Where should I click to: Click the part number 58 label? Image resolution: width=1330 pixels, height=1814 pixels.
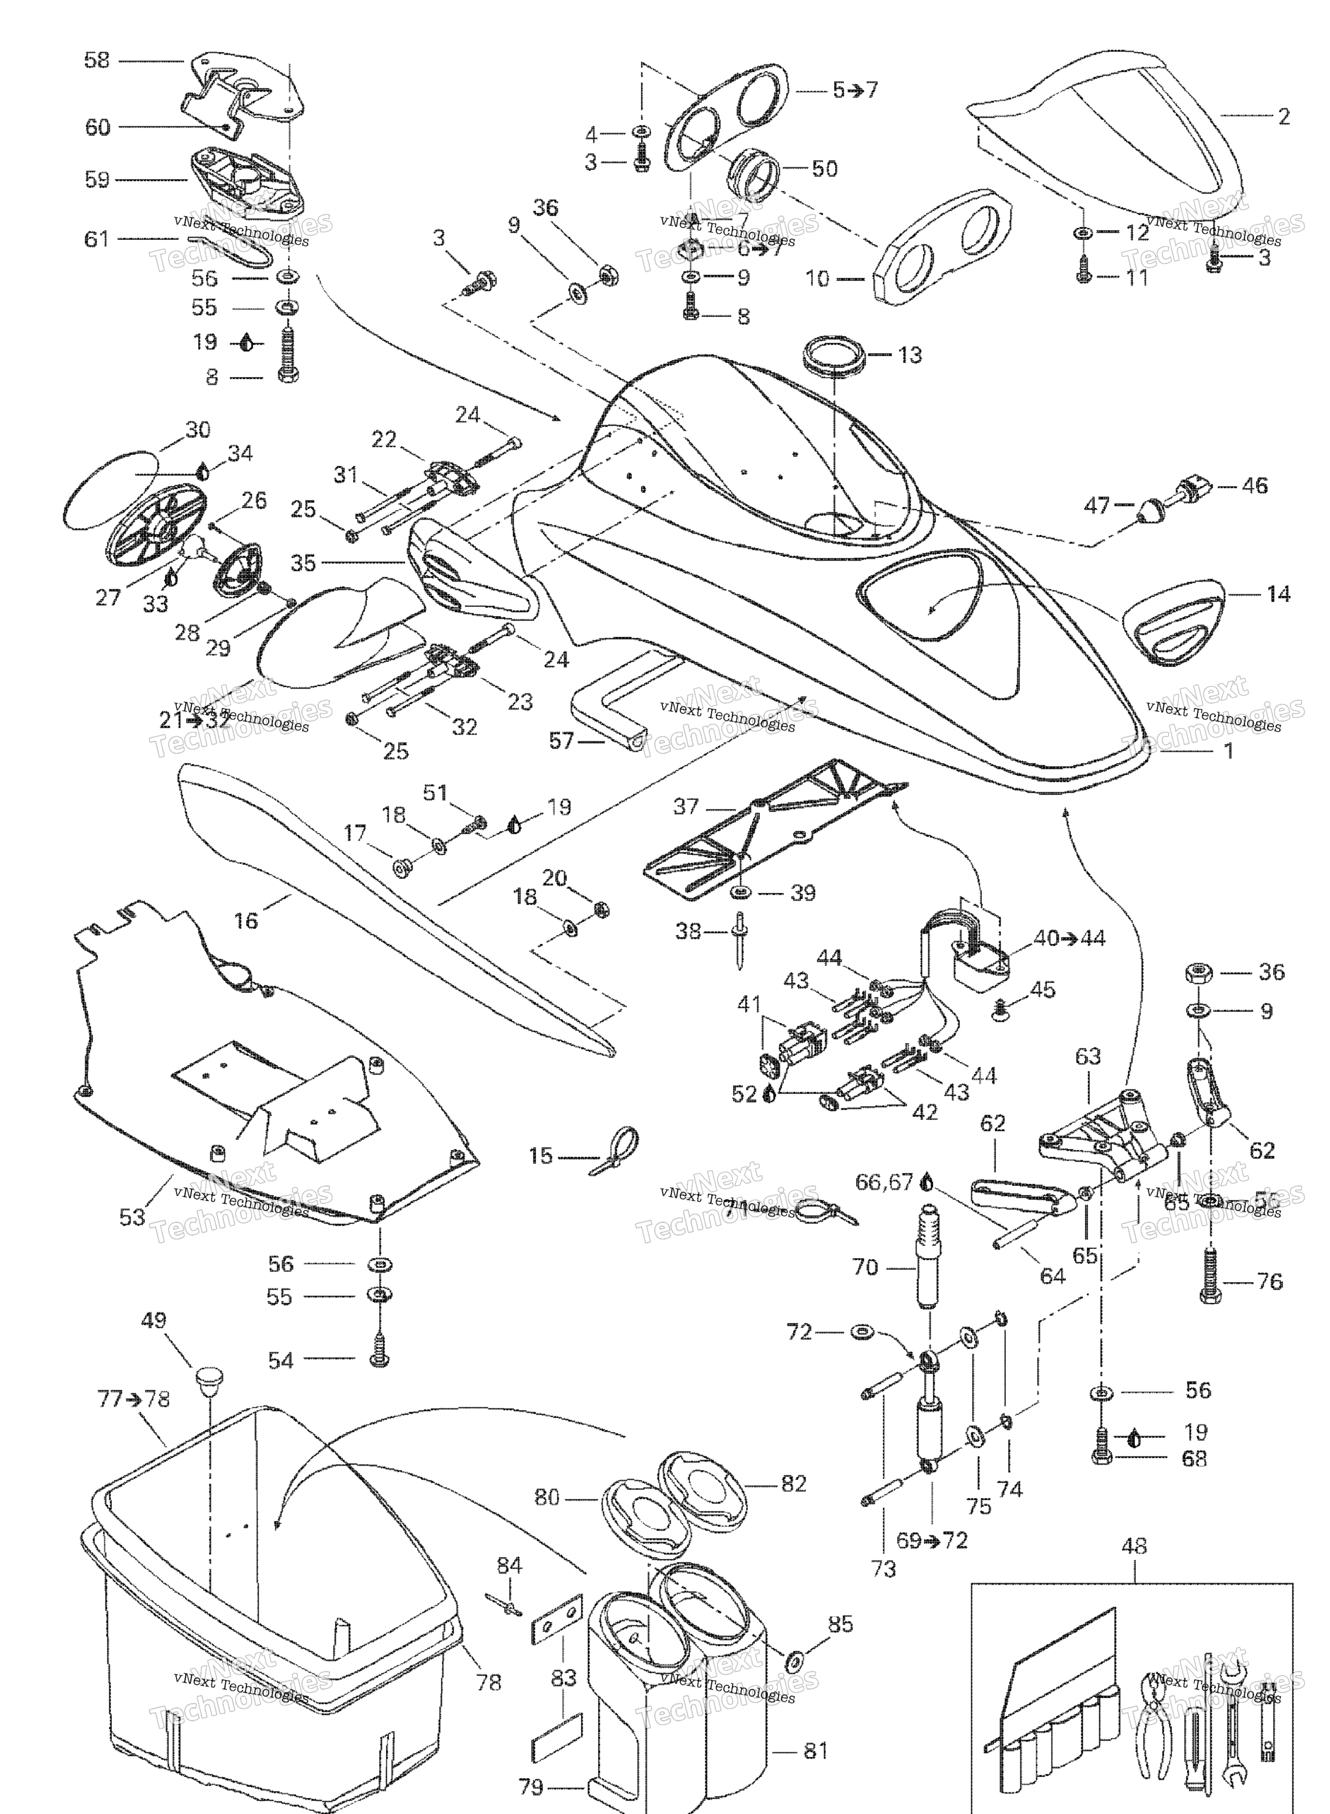97,60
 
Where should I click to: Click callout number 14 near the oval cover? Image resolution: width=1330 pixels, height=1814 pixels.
1278,594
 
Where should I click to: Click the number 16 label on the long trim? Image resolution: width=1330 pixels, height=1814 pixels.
246,919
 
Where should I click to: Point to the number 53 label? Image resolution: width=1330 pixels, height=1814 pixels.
133,1217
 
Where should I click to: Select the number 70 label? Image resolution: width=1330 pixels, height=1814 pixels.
865,1267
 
